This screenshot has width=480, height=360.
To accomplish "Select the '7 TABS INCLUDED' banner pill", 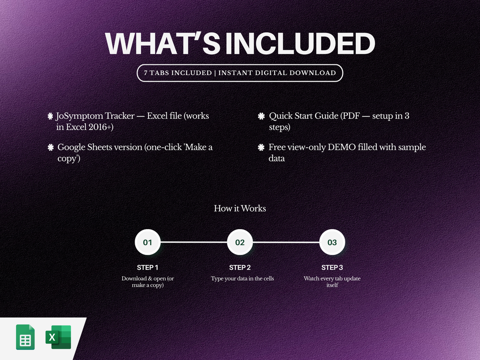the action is tap(240, 73).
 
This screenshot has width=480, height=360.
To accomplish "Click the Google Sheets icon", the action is tap(25, 337).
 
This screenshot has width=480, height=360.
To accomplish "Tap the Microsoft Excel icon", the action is tap(58, 337).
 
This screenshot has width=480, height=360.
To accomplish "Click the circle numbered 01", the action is tap(148, 242).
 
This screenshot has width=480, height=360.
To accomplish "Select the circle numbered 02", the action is tap(240, 242).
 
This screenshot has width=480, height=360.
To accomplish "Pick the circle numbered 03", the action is tap(332, 242).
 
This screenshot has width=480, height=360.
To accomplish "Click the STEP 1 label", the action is tap(148, 267).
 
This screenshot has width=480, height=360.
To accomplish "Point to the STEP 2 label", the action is tap(240, 267).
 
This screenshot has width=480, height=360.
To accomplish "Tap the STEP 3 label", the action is tap(332, 267).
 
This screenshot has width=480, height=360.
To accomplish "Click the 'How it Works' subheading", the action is tap(240, 209).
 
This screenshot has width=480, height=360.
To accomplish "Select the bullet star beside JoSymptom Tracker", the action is tap(51, 116).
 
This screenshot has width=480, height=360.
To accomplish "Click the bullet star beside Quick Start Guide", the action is tap(261, 116).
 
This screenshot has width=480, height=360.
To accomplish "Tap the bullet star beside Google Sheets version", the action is tap(51, 147).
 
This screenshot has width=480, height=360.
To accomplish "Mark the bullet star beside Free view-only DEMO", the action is tap(261, 147).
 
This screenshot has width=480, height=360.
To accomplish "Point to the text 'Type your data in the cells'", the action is tap(243, 278).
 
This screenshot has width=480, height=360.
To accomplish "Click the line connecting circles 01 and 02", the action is tap(194, 242).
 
